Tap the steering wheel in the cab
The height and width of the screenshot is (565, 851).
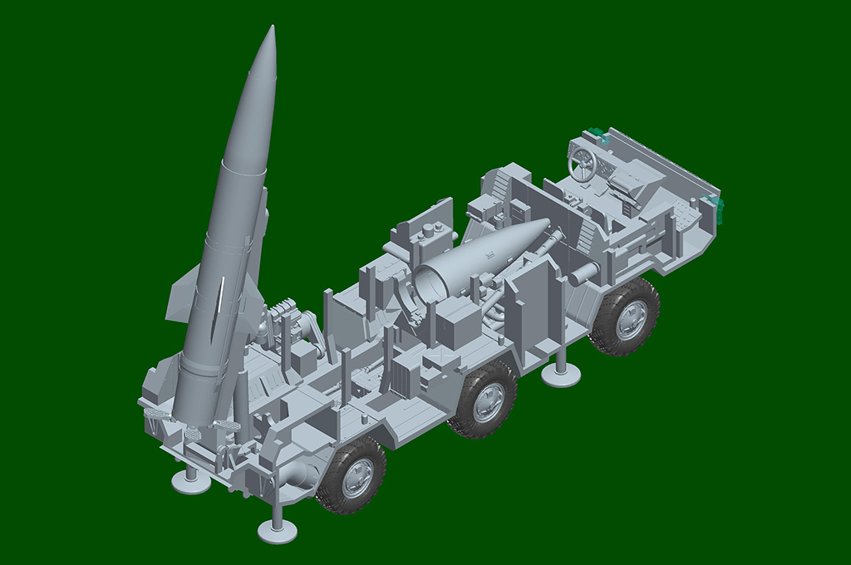[583, 164]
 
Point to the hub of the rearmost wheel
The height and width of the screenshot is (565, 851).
[357, 476]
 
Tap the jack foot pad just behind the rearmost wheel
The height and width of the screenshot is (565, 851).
[277, 531]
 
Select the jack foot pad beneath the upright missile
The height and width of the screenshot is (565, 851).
[190, 482]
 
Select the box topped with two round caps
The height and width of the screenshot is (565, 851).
[431, 240]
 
